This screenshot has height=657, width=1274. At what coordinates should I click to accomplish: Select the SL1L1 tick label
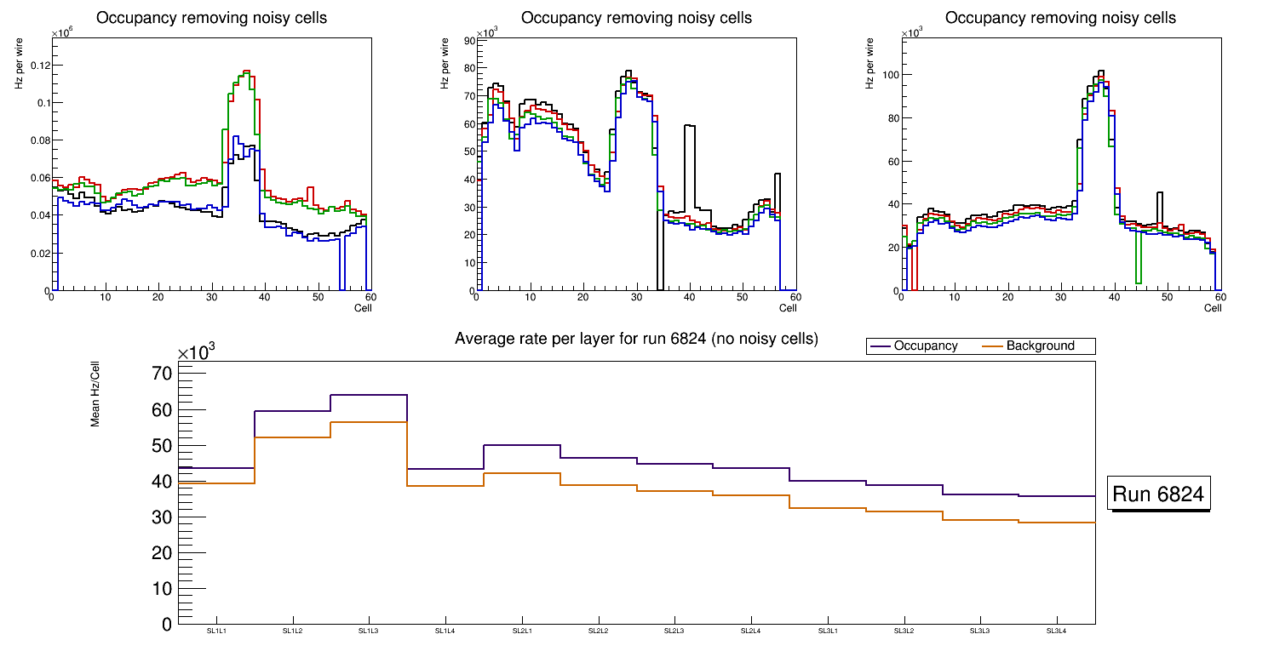[216, 631]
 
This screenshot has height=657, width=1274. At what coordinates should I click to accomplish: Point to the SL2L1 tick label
[522, 631]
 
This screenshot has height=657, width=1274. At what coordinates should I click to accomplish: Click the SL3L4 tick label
[1057, 631]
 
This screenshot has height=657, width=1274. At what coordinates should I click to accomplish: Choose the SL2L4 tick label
[751, 631]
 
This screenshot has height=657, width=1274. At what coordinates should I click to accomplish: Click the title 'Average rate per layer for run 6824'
[636, 339]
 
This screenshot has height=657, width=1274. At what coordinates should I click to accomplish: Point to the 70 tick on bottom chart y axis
[162, 374]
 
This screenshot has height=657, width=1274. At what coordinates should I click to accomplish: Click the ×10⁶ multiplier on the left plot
[62, 33]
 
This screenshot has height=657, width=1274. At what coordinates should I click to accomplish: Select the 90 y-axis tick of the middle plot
[468, 40]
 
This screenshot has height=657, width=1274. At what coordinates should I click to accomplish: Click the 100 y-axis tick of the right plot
[890, 75]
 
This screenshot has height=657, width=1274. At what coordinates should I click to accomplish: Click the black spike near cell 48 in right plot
[1159, 193]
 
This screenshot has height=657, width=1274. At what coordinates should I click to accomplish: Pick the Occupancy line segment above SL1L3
[369, 395]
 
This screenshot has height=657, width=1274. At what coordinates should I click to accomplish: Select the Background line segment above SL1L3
[369, 422]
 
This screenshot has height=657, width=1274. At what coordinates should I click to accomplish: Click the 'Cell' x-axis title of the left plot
[363, 308]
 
